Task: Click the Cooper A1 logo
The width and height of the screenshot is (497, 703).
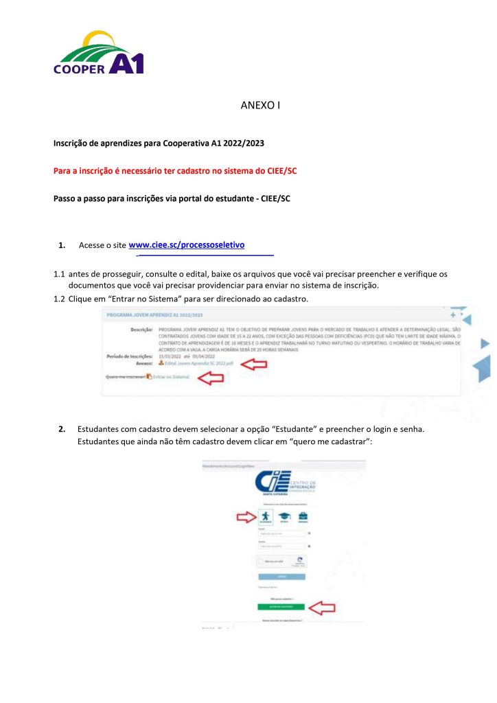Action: pos(100,53)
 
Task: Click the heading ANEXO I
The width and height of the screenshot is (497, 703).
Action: pos(261,106)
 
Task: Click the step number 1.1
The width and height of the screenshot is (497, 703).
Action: pos(60,275)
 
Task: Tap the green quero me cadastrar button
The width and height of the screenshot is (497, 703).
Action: pos(282,608)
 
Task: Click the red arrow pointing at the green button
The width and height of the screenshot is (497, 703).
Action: pos(321,608)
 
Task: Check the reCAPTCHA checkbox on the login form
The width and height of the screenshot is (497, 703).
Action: pos(261,561)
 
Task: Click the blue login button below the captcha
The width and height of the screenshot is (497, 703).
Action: pos(282,576)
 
